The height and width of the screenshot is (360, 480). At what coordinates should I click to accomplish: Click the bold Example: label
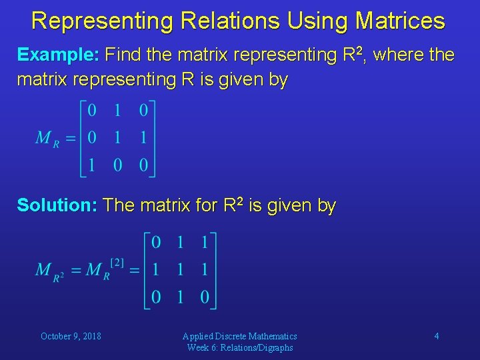58,55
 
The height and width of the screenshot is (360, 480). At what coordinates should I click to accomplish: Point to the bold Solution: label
57,205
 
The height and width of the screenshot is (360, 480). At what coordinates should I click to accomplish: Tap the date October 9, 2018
71,336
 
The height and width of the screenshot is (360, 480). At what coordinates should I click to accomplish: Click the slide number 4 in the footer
437,336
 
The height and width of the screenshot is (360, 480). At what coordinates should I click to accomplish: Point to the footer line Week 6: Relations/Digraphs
240,347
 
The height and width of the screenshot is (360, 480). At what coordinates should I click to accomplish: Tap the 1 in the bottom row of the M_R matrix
92,165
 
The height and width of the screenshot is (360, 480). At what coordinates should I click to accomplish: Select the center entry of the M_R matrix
117,137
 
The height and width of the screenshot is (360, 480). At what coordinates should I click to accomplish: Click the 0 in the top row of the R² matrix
155,242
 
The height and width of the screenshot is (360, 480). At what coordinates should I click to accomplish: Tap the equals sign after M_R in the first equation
70,138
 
